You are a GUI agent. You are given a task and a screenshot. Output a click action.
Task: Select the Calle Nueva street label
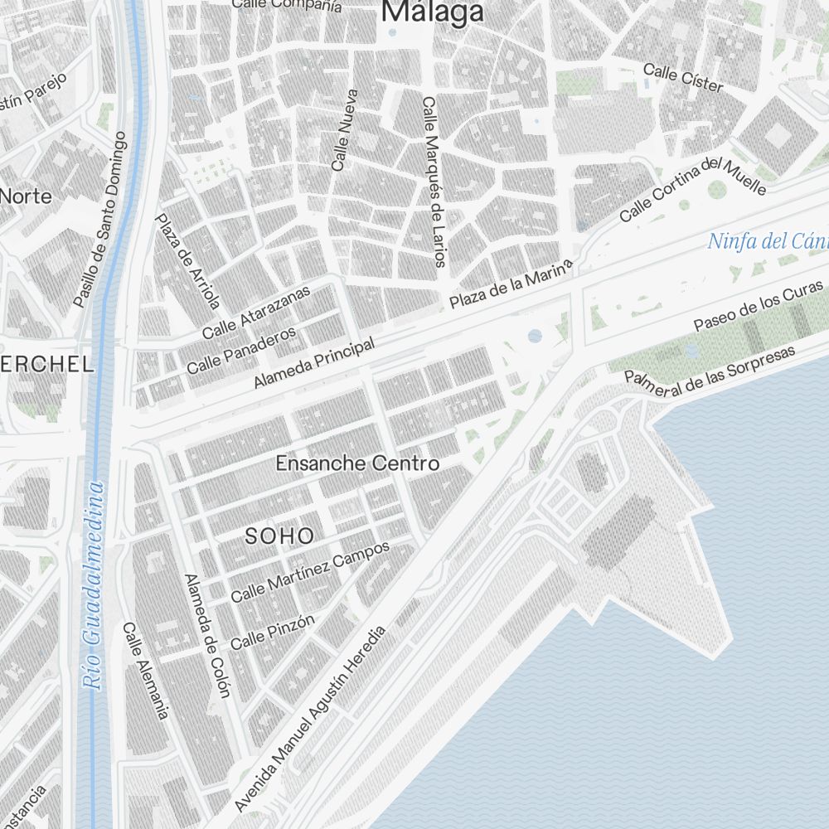coord(344,130)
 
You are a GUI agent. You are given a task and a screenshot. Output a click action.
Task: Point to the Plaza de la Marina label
coord(511,284)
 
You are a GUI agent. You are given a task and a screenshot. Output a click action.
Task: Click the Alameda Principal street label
coord(314,363)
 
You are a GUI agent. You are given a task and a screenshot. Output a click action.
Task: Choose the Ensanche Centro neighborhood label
coord(357,463)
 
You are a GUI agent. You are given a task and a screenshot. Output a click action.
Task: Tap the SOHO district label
coord(279,536)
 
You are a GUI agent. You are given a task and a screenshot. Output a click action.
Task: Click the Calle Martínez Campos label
coord(310,572)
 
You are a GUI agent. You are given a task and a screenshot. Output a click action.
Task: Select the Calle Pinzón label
coord(273,632)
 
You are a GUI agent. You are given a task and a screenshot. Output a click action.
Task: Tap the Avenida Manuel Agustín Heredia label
coord(311,719)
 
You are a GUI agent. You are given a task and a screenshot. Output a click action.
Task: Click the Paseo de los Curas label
coord(759,306)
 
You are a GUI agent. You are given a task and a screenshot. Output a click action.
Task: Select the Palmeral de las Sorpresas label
coord(710,370)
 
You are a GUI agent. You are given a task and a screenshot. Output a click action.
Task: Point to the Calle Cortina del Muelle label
coord(692,189)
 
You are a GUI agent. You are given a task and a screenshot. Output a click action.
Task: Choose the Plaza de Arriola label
coord(188,260)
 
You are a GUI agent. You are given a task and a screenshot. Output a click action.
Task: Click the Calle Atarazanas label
coord(256,312)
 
